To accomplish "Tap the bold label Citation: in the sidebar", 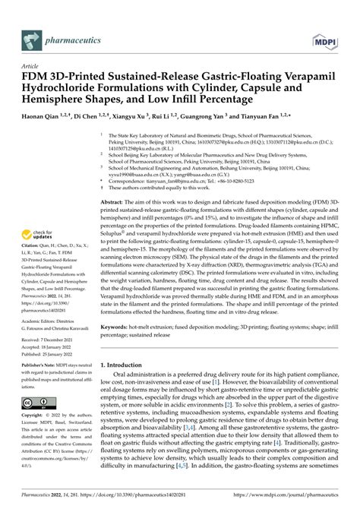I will (31, 258).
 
